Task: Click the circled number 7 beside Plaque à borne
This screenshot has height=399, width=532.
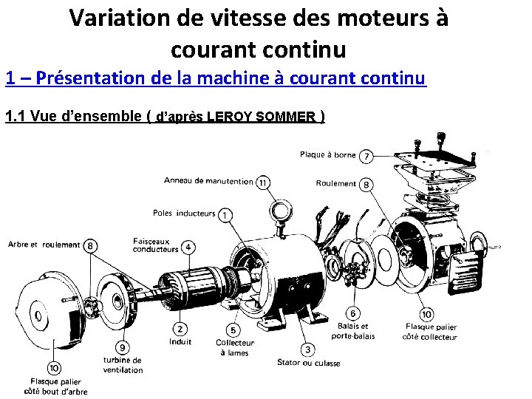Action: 366,156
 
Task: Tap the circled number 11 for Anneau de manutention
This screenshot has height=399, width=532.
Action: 263,182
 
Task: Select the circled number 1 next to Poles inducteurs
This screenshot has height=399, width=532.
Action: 224,214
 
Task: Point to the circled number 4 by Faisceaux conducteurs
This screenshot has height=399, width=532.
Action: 189,246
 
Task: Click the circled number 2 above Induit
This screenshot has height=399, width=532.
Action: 180,328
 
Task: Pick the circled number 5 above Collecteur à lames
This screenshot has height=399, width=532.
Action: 233,330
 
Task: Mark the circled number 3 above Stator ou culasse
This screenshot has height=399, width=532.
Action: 307,349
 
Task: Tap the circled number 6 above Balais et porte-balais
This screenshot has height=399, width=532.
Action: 354,313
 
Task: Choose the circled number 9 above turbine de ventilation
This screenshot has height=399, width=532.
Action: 122,347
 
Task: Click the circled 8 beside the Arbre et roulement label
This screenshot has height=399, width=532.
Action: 90,245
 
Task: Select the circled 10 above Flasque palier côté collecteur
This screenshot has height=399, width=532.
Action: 427,315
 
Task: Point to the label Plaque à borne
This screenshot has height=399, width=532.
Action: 327,155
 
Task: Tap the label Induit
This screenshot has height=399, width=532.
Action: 180,342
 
